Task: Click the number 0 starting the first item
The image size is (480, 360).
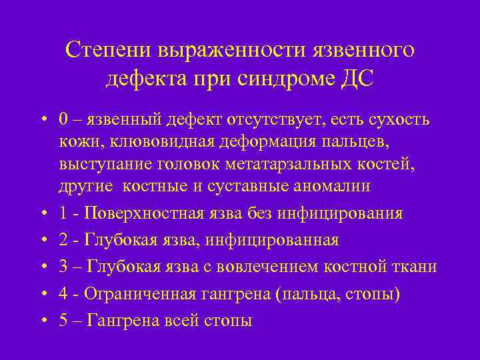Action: click(63, 119)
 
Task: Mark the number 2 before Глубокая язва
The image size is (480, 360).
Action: click(63, 240)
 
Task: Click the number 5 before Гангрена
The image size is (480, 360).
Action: click(63, 320)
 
